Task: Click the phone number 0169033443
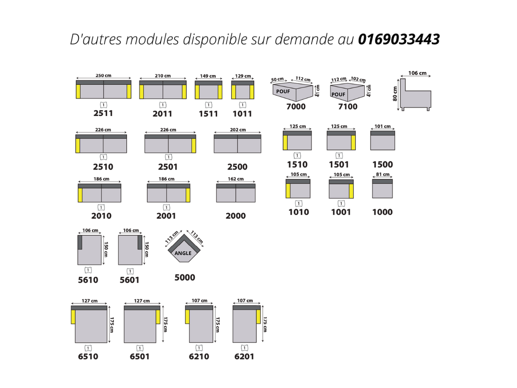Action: [x=399, y=39]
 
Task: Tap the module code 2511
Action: [x=103, y=113]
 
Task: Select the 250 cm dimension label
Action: [x=103, y=76]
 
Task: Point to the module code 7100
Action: [x=348, y=106]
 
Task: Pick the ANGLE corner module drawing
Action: [x=184, y=250]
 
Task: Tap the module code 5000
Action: [x=184, y=278]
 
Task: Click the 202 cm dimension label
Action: [x=238, y=130]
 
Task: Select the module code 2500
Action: [x=237, y=167]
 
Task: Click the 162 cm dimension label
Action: [x=236, y=179]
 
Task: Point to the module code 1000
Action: [x=382, y=212]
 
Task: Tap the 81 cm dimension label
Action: [x=382, y=175]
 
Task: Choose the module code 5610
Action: [x=88, y=280]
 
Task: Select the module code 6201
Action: [x=244, y=356]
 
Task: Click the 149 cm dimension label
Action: [x=208, y=76]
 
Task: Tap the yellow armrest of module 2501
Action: [x=193, y=146]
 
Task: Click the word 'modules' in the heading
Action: [x=154, y=39]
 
